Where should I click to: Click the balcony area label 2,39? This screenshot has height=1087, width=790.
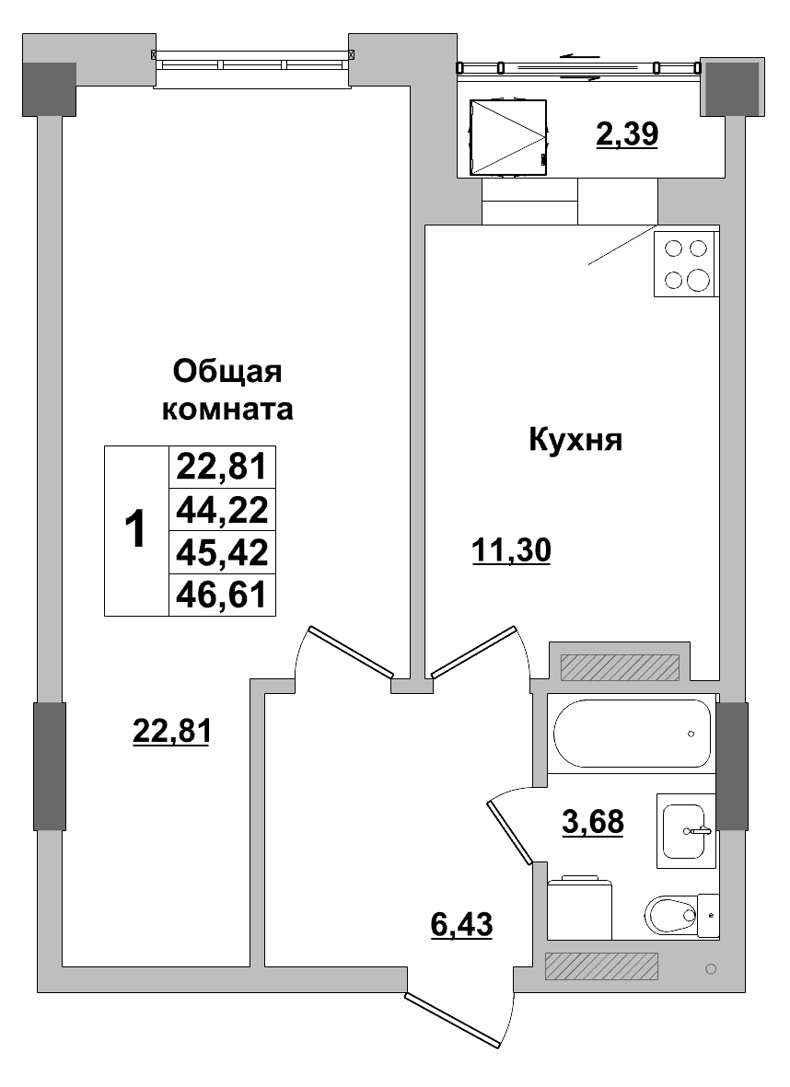coord(627,136)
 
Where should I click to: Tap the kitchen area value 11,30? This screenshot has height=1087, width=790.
coord(510,551)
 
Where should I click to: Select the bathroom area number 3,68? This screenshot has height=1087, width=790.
coord(593,820)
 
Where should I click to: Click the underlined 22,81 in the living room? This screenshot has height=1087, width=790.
coord(172,732)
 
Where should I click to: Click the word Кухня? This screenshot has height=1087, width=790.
coord(576,440)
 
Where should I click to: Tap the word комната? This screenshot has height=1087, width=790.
coord(227,409)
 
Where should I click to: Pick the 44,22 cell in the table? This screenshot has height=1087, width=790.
coord(222,510)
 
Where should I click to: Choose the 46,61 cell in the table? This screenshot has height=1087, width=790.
coord(222,595)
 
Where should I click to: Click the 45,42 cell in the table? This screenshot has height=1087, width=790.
coord(222,552)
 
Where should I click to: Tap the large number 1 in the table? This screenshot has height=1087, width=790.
coord(134,530)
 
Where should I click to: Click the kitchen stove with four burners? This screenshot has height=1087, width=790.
coord(686,264)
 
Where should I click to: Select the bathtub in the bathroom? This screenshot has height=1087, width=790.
coord(633,734)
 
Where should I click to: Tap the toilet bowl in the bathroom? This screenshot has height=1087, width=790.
coord(671,916)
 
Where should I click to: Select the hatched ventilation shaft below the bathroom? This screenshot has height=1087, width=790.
coord(601,966)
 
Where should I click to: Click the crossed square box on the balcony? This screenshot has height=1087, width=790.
coord(508,137)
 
